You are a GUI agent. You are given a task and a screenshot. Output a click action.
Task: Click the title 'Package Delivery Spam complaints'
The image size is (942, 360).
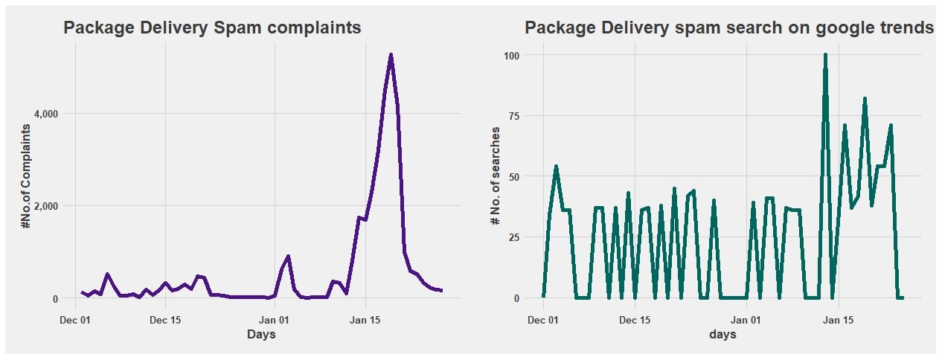pos(212,28)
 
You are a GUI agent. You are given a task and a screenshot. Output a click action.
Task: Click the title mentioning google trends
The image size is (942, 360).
pos(728,28)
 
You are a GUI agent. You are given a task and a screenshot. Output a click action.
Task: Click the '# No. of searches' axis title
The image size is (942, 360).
pos(495,176)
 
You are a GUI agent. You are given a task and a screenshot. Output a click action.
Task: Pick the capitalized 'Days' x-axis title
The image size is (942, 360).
pos(261,335)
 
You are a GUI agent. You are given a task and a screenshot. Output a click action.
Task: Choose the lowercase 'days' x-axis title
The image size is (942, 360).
pos(722,335)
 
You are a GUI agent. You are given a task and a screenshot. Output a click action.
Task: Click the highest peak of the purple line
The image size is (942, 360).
pos(391,55)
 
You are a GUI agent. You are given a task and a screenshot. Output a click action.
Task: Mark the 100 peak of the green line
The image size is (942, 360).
pos(825,55)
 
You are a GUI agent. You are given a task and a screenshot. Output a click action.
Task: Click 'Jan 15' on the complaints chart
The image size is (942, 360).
pos(365,320)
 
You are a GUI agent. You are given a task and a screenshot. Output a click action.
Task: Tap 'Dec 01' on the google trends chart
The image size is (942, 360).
pos(543,320)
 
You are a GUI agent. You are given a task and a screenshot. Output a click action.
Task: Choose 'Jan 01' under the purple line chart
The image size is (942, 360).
pos(275,320)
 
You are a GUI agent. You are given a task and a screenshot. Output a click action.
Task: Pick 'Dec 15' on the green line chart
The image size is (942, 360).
pos(635,320)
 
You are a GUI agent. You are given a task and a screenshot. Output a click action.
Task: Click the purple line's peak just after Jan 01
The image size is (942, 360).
pos(288,257)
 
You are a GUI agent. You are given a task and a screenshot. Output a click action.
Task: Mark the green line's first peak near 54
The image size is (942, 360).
pos(556,167)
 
